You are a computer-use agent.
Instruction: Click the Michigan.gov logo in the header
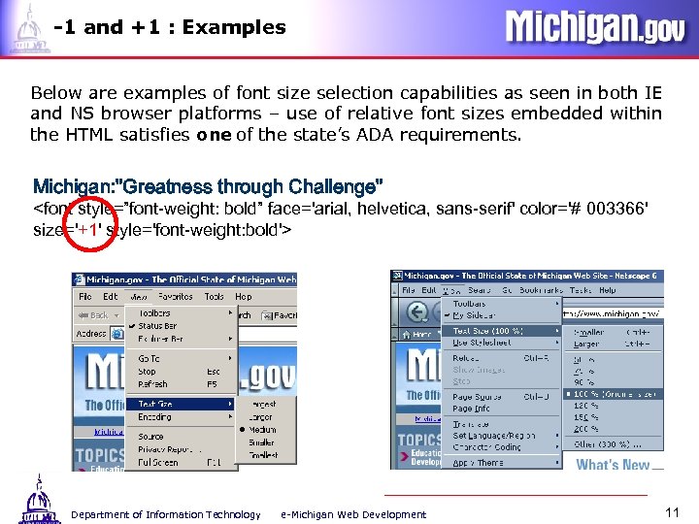[x=594, y=27]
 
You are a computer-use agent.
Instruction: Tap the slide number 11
[x=671, y=511]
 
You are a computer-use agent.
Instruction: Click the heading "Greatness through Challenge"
[x=209, y=186]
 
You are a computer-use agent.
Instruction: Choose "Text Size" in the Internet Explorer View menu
[x=156, y=404]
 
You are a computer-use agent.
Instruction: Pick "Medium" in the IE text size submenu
[x=262, y=430]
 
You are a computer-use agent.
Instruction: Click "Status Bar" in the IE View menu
[x=157, y=326]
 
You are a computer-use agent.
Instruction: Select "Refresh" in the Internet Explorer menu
[x=153, y=384]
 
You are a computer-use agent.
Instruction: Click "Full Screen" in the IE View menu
[x=157, y=463]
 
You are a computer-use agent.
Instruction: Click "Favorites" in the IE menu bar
[x=176, y=297]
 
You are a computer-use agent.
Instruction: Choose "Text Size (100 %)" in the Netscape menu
[x=488, y=331]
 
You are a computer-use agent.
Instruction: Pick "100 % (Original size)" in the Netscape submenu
[x=614, y=394]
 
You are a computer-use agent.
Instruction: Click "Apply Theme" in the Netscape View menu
[x=478, y=462]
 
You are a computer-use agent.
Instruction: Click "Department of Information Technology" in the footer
[x=166, y=514]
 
